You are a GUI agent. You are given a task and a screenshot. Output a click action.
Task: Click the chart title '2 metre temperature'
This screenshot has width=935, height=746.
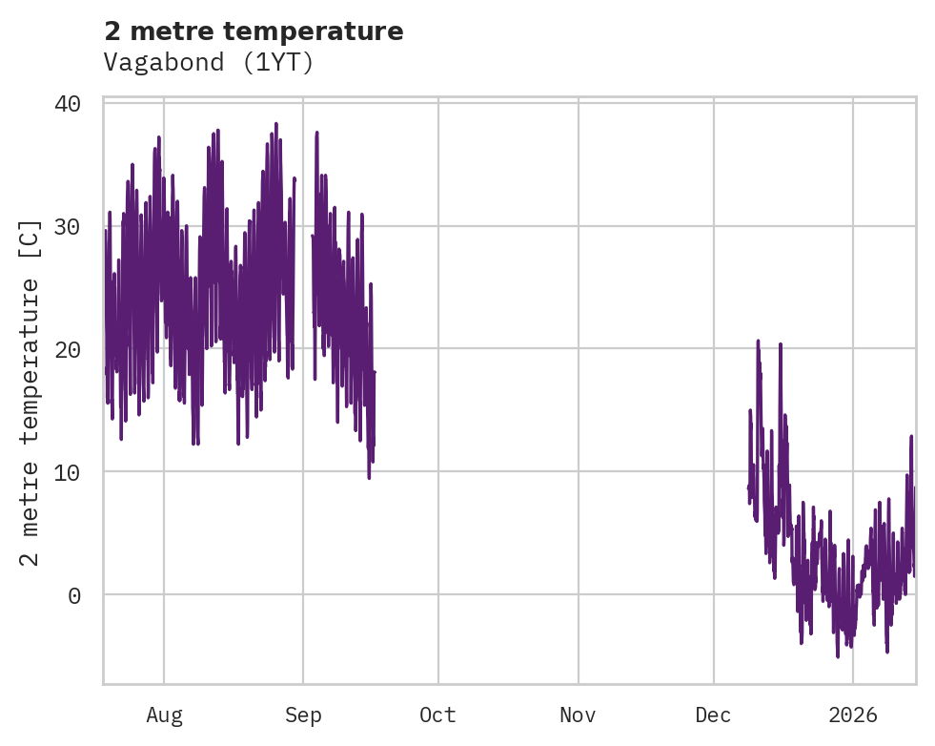254,31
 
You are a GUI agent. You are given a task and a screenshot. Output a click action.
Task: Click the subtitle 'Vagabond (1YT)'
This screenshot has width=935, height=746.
209,63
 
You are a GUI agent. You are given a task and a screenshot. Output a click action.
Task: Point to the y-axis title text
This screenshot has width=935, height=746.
30,391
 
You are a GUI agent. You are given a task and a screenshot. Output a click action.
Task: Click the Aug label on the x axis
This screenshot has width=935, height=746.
164,715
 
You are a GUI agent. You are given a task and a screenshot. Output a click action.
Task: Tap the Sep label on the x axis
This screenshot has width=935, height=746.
303,715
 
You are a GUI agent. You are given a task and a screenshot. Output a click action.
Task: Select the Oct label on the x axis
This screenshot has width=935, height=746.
438,715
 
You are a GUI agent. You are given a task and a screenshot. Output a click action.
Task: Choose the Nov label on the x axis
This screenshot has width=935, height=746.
578,715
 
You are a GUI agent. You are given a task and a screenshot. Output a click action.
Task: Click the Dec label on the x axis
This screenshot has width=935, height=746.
714,715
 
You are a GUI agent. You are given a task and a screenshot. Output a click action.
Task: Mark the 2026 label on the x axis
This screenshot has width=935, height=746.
853,715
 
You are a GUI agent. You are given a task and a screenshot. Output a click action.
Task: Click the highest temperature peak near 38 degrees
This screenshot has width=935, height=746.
276,124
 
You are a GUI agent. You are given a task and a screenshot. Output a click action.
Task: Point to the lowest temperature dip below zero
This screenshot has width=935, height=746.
838,656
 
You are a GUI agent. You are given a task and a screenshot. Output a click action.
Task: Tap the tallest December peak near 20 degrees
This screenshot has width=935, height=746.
759,341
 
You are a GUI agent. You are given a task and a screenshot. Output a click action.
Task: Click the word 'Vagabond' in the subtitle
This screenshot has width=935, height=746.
162,63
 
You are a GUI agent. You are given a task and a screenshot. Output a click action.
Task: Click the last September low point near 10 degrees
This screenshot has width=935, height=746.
369,477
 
